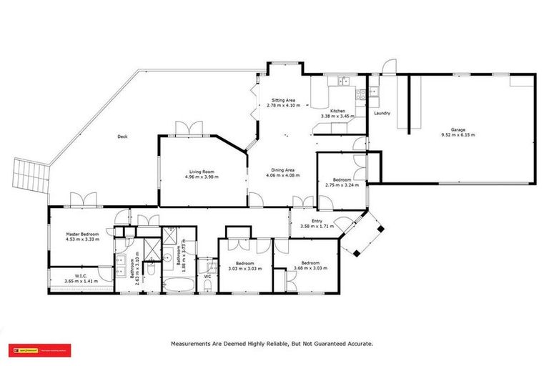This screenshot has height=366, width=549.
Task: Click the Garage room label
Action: [457, 129]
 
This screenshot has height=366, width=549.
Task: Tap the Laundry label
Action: [382, 113]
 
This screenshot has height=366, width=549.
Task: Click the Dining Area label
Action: [280, 170]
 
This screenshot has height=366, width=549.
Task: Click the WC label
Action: [206, 275]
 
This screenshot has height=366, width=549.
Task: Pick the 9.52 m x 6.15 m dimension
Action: [457, 134]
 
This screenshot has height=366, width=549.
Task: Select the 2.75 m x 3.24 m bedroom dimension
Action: [342, 184]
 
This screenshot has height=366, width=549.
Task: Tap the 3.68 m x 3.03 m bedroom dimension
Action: [308, 269]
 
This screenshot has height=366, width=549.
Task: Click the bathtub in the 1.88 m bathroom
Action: [175, 287]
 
